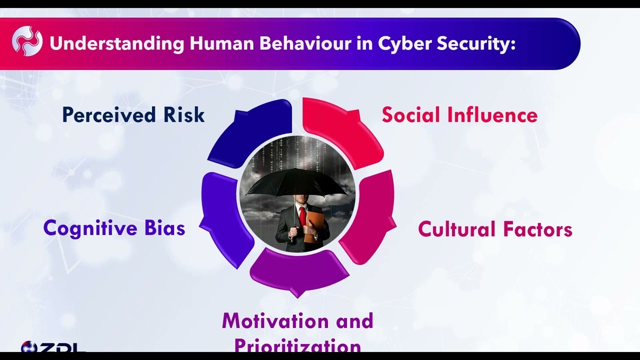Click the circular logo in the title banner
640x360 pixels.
(27, 41)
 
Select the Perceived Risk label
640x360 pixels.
(133, 115)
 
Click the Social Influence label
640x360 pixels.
(459, 115)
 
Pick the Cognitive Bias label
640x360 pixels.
(114, 228)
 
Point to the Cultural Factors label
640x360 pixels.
(495, 229)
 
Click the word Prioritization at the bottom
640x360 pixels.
(297, 345)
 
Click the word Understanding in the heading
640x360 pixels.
(117, 44)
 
